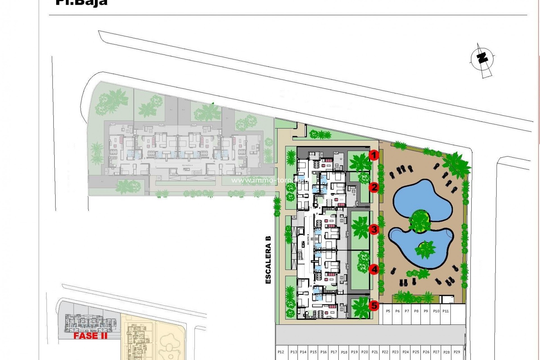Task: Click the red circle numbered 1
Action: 374,155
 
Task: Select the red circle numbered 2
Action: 374,187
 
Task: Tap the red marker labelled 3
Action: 374,229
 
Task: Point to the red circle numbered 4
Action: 374,269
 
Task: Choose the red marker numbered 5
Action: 374,305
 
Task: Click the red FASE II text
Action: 90,336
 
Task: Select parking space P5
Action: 388,311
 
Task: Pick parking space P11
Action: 445,311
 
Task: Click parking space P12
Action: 280,352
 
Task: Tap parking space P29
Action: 457,352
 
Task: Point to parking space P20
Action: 364,352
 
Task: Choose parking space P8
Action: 417,311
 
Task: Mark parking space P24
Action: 406,352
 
